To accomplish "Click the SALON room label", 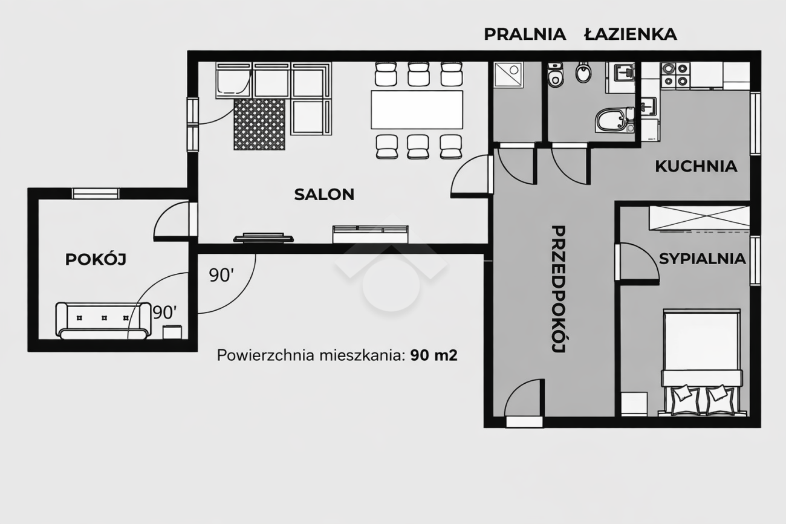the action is [324, 195].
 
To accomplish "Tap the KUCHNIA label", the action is [696, 166].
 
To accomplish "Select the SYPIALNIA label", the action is [703, 259].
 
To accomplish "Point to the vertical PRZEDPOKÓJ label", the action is [558, 289].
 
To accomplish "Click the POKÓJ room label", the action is [96, 259].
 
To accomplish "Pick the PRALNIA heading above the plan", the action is [525, 34].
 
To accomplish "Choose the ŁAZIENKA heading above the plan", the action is [631, 34].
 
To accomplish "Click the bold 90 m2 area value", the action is [434, 355].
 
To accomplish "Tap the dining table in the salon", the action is [417, 110].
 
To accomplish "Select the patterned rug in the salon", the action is [259, 125].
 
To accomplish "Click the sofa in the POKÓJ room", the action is [103, 321].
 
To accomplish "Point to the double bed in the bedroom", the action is [702, 362].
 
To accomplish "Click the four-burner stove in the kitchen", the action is [675, 75].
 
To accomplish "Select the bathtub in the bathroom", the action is [615, 120].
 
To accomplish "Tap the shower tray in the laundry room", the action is [508, 75].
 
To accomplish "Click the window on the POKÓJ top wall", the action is [96, 193].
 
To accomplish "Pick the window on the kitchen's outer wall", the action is [756, 123].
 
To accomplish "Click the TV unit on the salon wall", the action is [264, 238].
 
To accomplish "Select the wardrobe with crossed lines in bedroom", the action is [699, 218].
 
